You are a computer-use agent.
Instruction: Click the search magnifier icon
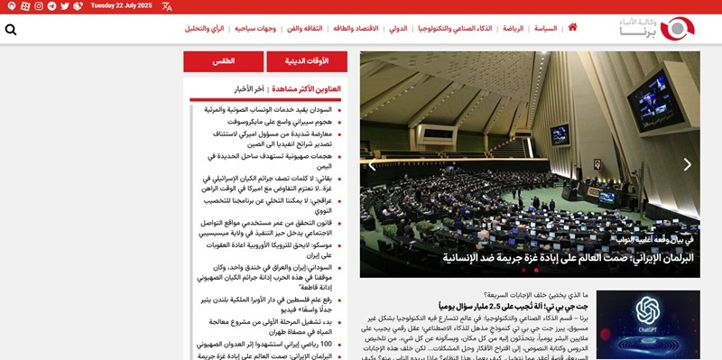[x=11, y=30]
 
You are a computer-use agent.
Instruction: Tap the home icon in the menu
[x=572, y=29]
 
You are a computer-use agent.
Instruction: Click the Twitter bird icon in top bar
[x=64, y=6]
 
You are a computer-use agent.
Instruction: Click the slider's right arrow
[x=687, y=164]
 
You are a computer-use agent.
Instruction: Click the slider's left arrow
[x=372, y=164]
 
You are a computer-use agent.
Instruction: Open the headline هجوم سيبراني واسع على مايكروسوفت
[x=279, y=121]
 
